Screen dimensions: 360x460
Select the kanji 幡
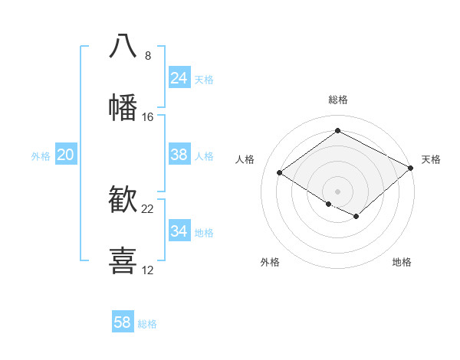point(123,108)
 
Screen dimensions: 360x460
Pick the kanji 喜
point(123,260)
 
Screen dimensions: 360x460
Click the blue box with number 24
point(179,78)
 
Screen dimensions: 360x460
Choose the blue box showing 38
point(179,155)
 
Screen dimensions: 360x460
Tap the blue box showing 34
point(179,231)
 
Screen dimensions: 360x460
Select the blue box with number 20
point(65,155)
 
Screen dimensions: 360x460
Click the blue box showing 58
point(123,322)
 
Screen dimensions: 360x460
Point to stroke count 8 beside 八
point(148,56)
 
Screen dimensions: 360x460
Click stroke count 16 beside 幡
point(148,117)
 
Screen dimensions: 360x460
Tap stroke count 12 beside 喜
point(148,270)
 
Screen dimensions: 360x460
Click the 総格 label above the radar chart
point(337,100)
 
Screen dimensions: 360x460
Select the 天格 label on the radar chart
point(431,159)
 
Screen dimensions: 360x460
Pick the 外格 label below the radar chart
point(270,262)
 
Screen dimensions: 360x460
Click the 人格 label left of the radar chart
point(245,159)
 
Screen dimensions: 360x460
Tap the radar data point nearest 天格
point(411,169)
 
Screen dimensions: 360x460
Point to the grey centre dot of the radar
point(337,191)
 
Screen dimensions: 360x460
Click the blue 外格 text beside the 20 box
point(41,156)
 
